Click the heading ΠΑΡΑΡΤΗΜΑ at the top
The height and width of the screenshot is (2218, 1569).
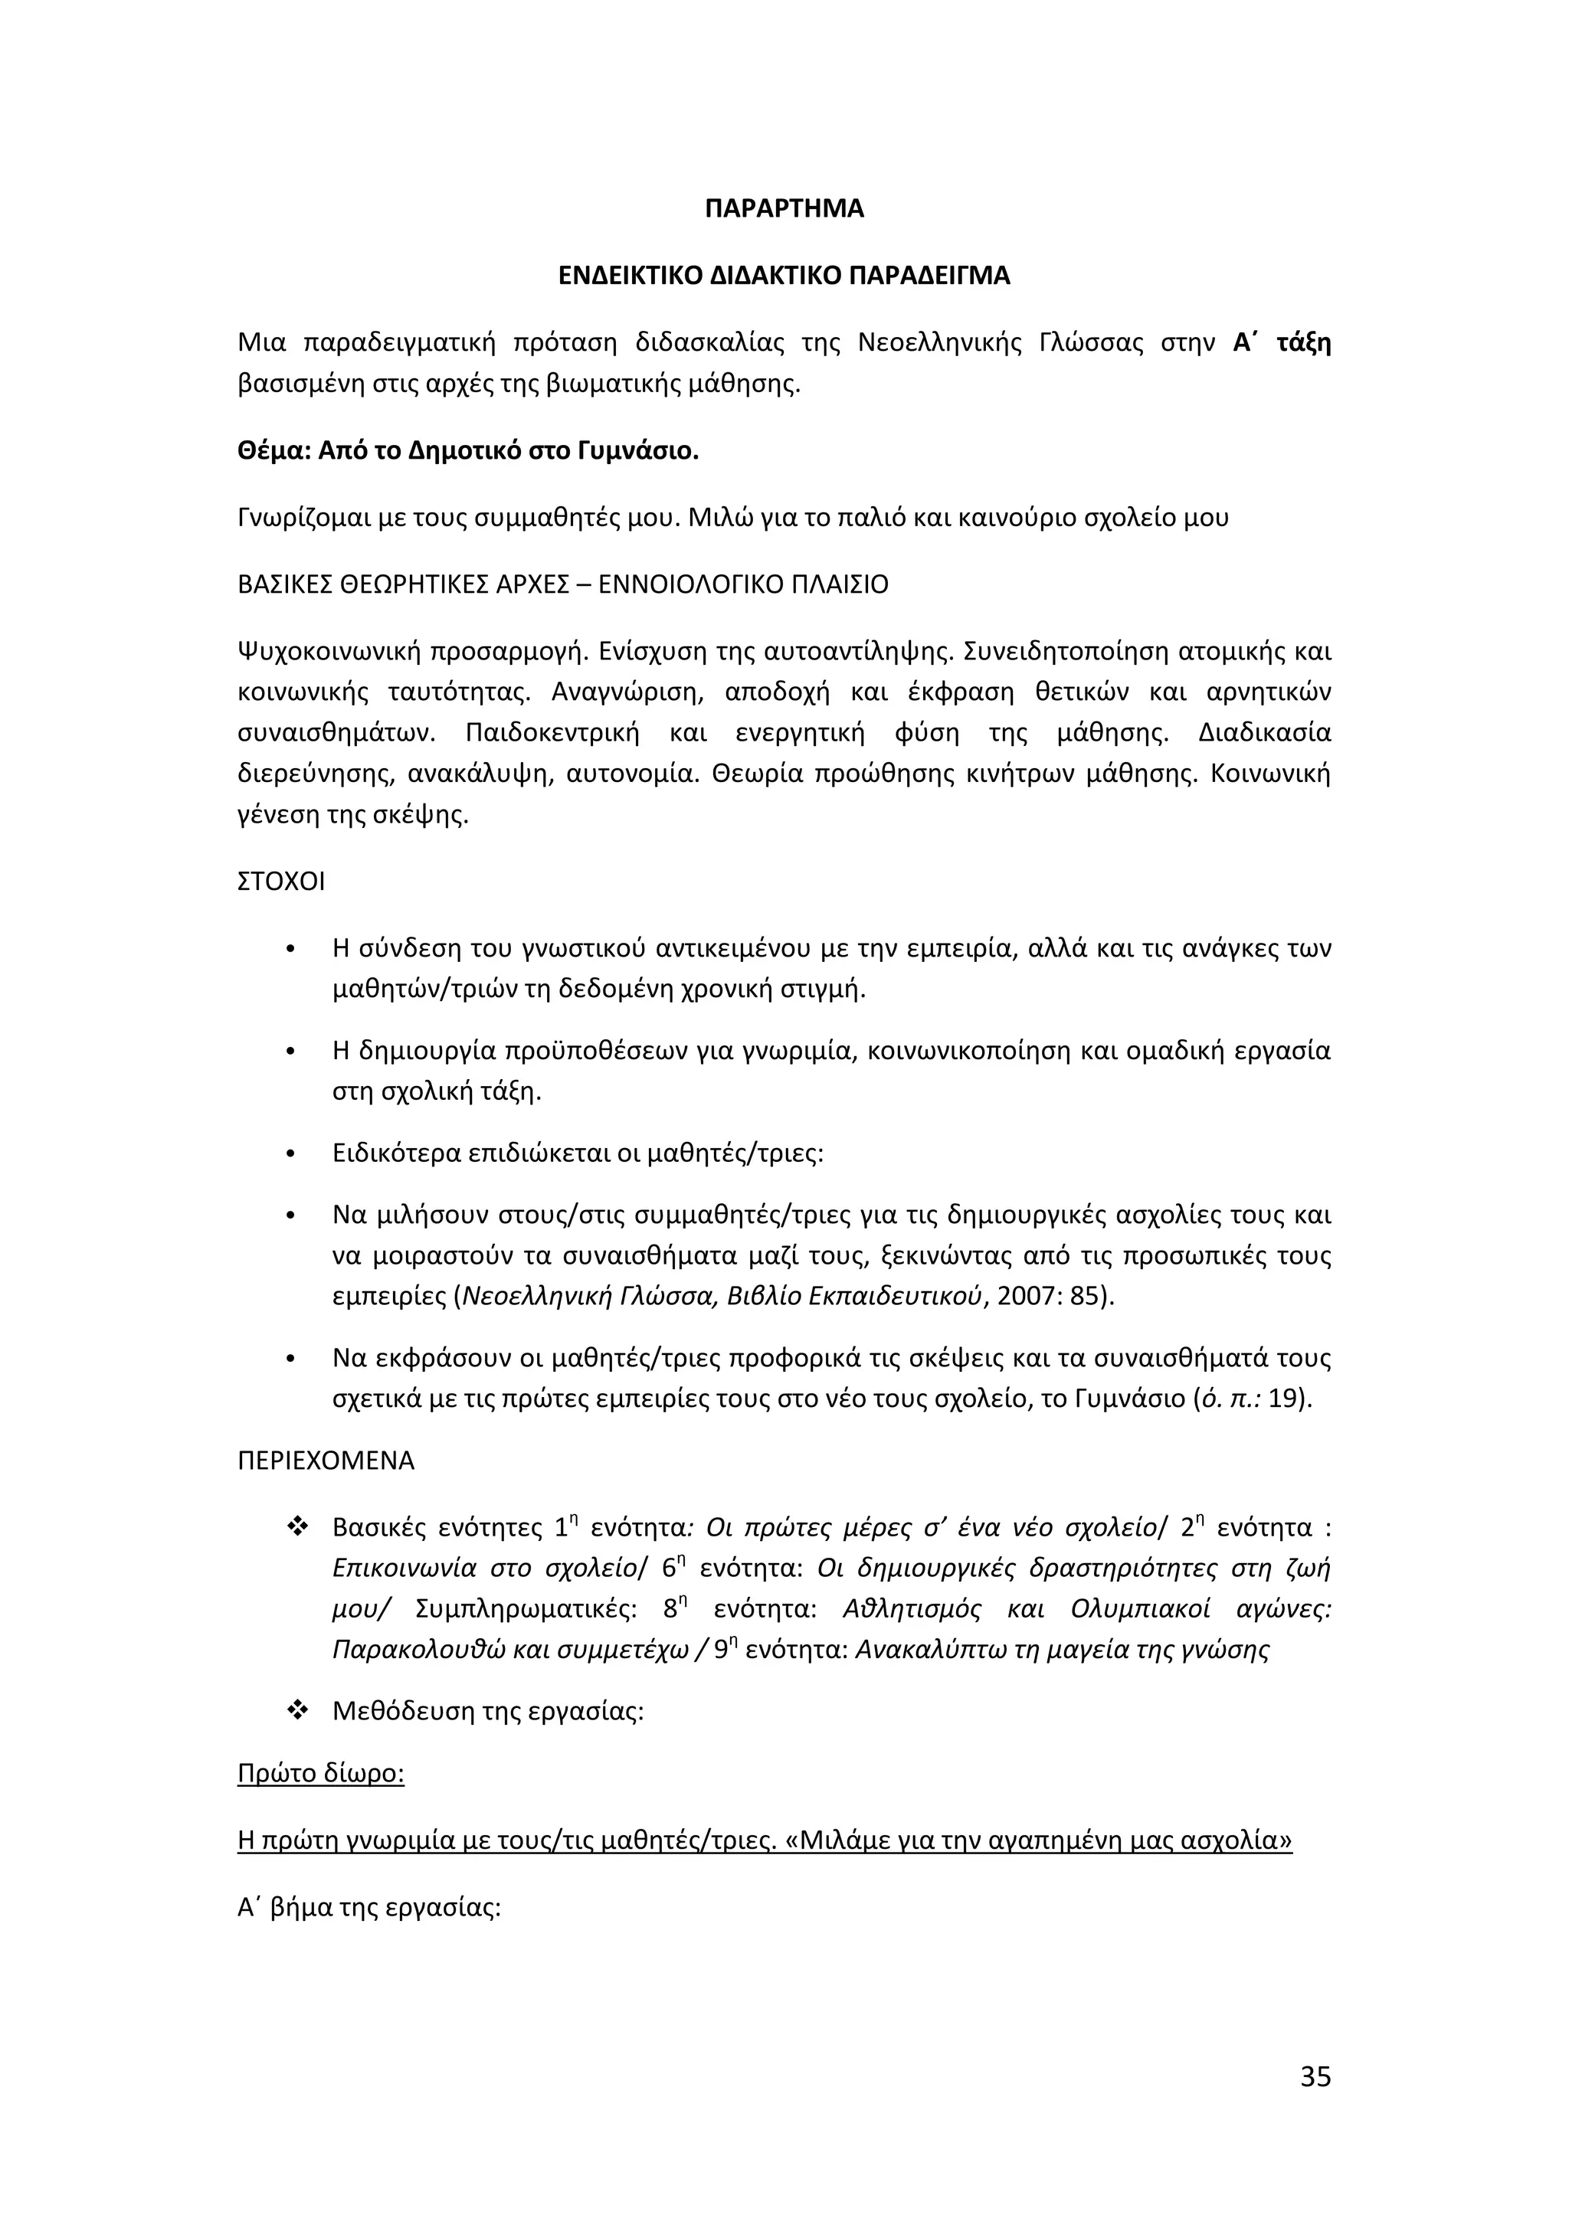[x=784, y=208]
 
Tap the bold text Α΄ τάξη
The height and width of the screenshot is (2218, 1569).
[x=1281, y=343]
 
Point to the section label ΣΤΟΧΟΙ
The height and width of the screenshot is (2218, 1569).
[x=281, y=882]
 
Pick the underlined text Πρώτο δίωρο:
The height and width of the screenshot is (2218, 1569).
[x=319, y=1774]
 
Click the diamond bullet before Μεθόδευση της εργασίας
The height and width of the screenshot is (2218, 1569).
[x=296, y=1711]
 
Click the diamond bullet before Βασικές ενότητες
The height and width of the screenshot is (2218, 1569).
[x=296, y=1527]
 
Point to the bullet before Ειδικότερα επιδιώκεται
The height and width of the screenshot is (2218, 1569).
[x=290, y=1153]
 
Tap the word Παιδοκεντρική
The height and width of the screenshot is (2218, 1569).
[x=552, y=733]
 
